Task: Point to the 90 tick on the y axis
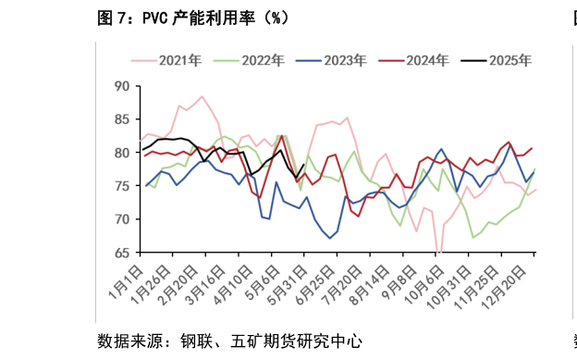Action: pos(121,86)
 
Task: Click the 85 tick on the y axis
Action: pos(121,119)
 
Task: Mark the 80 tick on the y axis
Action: pos(121,153)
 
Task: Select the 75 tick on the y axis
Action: pos(121,186)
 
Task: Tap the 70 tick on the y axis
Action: pos(121,219)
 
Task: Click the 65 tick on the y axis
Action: pos(121,253)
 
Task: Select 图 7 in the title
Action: pos(114,17)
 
